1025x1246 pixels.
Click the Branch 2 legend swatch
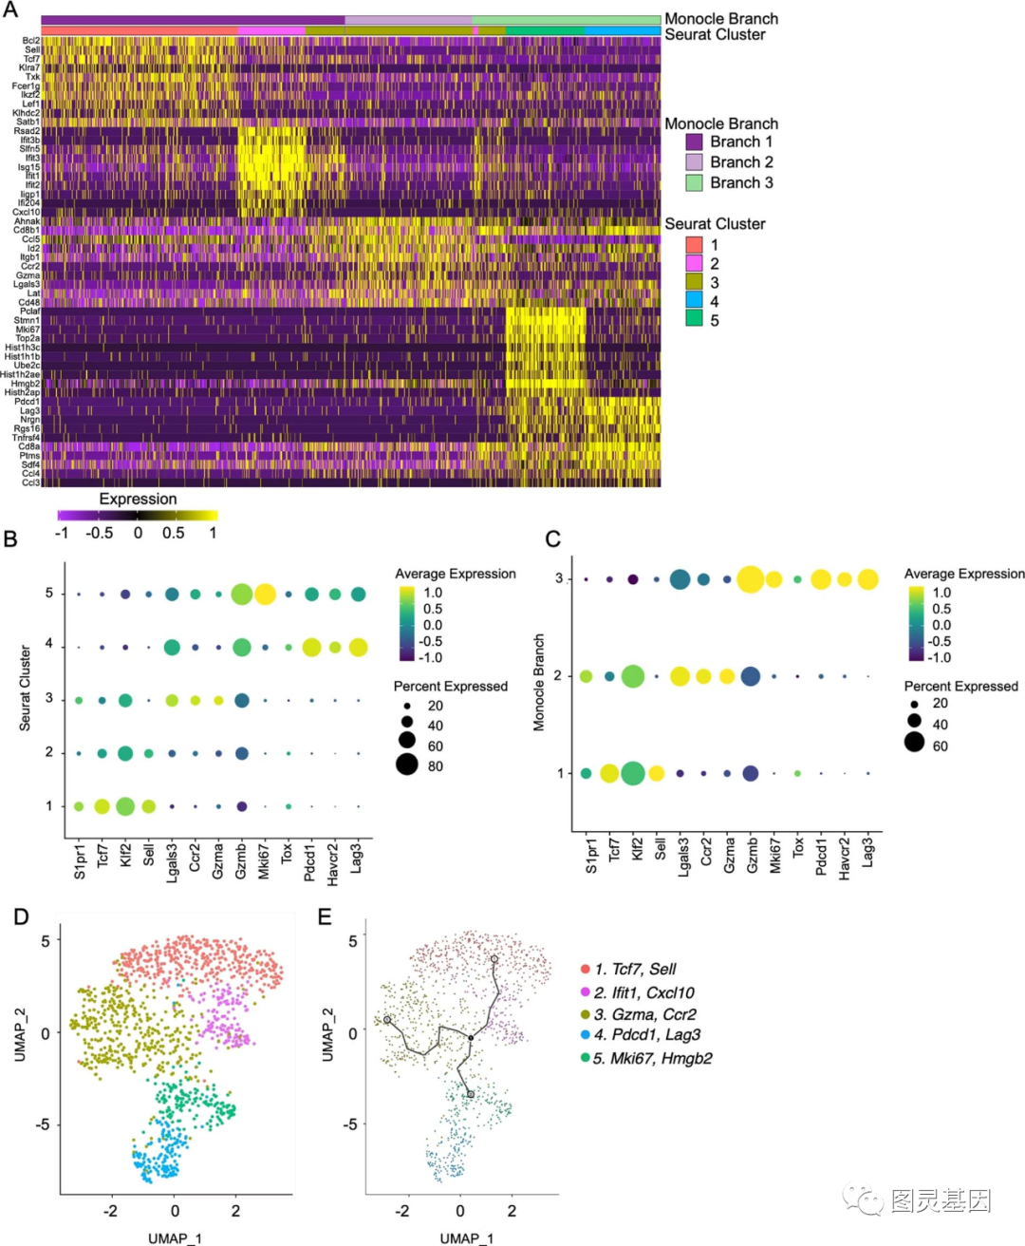[695, 162]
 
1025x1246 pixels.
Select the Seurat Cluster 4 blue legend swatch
[695, 301]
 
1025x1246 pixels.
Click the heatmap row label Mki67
[28, 330]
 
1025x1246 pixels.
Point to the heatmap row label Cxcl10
[27, 212]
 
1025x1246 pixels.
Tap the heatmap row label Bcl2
[31, 41]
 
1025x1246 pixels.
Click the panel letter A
[10, 10]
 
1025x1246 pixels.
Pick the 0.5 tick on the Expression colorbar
[174, 534]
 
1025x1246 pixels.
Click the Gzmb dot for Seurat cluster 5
[241, 595]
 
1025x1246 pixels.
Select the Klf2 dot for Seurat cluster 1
[124, 806]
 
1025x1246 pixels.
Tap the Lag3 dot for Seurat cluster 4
[358, 648]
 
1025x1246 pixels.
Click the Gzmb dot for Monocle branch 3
[750, 578]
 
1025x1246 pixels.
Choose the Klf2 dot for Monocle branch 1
[633, 773]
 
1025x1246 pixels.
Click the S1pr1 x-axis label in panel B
[80, 860]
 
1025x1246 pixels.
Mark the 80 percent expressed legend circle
[407, 765]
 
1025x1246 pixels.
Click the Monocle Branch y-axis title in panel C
[539, 682]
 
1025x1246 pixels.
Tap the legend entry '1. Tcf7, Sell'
[635, 969]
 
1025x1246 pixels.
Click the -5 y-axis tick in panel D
[44, 1124]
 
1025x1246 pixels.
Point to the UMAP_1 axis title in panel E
[466, 1237]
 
